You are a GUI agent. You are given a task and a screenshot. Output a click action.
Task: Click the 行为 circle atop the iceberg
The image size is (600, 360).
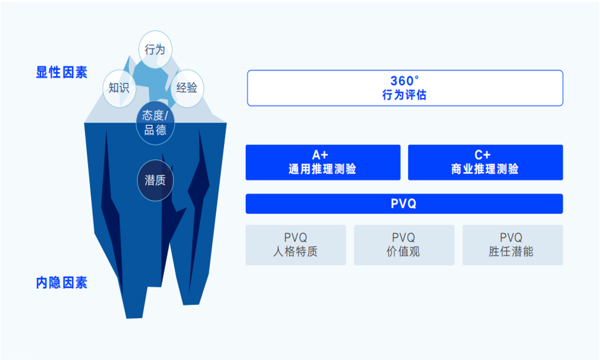155,49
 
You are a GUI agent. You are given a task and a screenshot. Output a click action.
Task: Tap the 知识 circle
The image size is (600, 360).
119,88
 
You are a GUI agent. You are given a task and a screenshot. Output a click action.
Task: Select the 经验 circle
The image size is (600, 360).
187,88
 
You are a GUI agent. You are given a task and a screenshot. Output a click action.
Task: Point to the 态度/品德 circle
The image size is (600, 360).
155,123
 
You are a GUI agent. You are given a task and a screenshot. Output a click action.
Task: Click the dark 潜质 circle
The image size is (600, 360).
155,180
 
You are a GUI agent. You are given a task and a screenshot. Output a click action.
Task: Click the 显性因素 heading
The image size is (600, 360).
62,72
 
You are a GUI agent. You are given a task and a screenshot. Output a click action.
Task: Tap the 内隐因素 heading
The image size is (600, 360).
62,283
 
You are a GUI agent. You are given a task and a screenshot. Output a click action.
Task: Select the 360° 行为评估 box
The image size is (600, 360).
405,87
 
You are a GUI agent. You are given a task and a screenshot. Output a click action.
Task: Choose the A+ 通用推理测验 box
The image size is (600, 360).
323,162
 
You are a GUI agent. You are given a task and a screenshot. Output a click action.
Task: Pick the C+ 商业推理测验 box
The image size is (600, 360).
485,162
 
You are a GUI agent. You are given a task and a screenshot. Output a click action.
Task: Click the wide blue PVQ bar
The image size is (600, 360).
404,204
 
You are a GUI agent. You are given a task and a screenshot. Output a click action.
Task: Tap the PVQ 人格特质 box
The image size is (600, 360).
296,245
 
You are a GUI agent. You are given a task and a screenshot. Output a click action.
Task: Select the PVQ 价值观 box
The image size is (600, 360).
404,245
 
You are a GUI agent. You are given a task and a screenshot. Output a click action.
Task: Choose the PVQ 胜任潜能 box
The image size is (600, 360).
513,245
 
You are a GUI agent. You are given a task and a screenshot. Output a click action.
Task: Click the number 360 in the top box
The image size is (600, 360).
402,81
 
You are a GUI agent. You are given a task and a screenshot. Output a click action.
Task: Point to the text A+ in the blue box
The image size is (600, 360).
320,155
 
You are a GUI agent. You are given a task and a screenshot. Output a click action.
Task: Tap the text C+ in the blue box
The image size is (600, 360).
482,155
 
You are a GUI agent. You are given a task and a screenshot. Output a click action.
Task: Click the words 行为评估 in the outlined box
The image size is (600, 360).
404,95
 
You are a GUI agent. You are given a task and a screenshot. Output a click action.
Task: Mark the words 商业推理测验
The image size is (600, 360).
485,169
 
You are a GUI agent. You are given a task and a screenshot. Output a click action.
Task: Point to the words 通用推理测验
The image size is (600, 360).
322,169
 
